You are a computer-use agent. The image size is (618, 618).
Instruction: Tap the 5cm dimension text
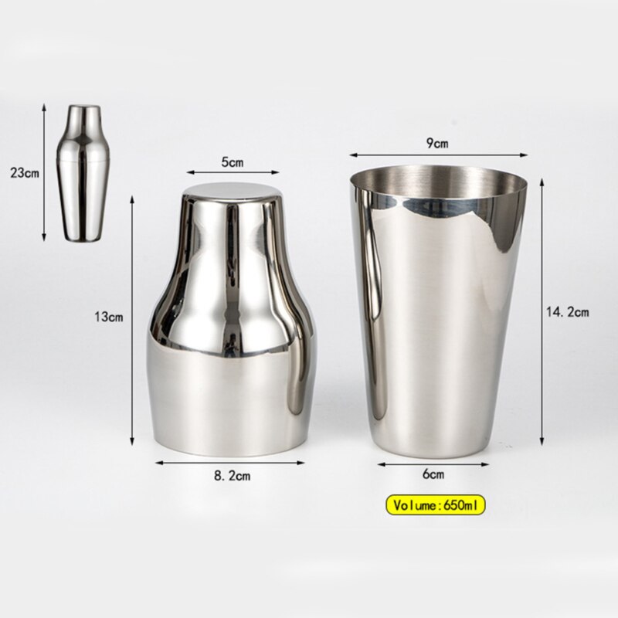coord(233,162)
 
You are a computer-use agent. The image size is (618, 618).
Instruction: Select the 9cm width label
coord(436,142)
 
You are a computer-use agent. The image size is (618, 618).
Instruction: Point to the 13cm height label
coord(109,317)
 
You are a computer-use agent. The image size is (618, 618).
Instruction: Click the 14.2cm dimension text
coord(567,313)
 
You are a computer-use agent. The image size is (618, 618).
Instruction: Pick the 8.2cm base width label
coord(233,476)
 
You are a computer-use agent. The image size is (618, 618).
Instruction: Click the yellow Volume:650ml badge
coord(435,506)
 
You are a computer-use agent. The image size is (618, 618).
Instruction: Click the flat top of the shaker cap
coord(233,192)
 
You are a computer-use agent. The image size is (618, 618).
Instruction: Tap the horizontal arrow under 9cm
coord(438,154)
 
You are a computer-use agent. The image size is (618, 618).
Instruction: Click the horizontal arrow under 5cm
coord(233,174)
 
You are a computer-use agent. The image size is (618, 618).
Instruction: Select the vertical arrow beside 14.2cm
coord(541,313)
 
